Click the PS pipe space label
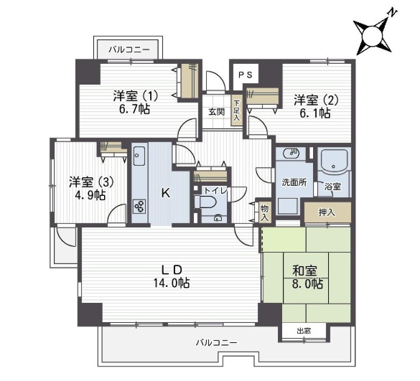point(246,75)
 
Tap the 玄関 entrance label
point(216,112)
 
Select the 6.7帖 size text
point(134,109)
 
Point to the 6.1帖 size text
point(314,113)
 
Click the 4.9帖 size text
point(90,196)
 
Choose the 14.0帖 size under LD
point(172,283)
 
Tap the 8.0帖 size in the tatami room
point(307,284)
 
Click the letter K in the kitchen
point(166,193)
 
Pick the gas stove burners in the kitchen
point(140,207)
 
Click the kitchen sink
point(139,156)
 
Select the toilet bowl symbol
point(206,202)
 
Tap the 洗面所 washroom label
point(294,182)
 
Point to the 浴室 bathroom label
point(332,187)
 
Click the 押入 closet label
point(327,213)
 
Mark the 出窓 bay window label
point(304,331)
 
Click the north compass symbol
point(373,35)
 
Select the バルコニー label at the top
point(129,50)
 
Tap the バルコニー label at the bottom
point(216,343)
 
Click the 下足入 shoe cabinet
point(236,110)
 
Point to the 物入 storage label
point(265,212)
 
